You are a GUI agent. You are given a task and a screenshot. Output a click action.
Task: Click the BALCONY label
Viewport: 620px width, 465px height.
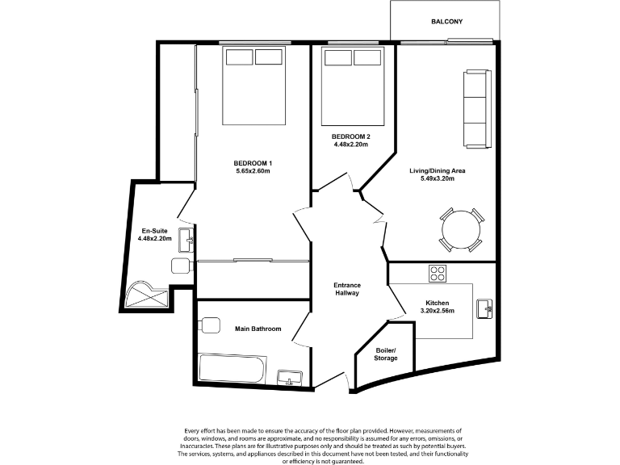click(446, 21)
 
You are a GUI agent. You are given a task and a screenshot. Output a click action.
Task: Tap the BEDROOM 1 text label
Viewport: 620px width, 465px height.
click(253, 162)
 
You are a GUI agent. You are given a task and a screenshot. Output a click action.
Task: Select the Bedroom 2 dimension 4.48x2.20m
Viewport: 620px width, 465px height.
click(351, 145)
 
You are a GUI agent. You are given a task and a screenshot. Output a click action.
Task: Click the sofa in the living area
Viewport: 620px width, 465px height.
click(477, 109)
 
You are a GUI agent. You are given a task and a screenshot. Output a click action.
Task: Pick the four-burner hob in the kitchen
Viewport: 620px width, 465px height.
click(438, 274)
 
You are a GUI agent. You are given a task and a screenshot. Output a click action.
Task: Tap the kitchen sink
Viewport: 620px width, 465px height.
click(486, 308)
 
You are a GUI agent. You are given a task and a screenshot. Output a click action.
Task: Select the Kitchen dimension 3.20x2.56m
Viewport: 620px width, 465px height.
click(440, 311)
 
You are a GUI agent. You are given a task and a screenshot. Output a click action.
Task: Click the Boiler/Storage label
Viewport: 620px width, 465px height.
click(386, 354)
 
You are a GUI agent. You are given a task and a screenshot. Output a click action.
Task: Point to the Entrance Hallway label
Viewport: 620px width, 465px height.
click(347, 289)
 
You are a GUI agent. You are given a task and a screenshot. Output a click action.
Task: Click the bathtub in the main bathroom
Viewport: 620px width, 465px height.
click(232, 369)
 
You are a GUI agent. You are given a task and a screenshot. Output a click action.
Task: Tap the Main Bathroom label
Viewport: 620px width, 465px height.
click(258, 329)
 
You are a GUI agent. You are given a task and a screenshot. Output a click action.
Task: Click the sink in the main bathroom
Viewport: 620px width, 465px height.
click(290, 377)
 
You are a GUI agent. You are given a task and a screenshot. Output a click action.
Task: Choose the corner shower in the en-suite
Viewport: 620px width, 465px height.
click(146, 295)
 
